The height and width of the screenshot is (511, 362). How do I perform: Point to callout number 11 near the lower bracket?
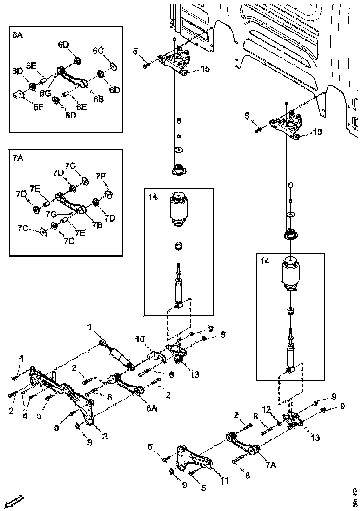[224, 481]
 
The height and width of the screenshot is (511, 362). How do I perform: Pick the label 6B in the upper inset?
[98, 99]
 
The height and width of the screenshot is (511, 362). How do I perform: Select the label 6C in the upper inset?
[98, 50]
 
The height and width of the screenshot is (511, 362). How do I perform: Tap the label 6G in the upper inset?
[45, 93]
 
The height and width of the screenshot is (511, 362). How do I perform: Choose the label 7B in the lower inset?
[97, 225]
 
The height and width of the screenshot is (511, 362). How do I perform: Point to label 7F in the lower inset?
[101, 176]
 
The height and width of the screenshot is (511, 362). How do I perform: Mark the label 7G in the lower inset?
[52, 215]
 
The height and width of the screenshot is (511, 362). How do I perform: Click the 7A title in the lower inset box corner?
[17, 158]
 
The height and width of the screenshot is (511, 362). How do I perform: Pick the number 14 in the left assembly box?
[153, 197]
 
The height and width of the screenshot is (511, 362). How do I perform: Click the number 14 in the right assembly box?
[264, 262]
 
